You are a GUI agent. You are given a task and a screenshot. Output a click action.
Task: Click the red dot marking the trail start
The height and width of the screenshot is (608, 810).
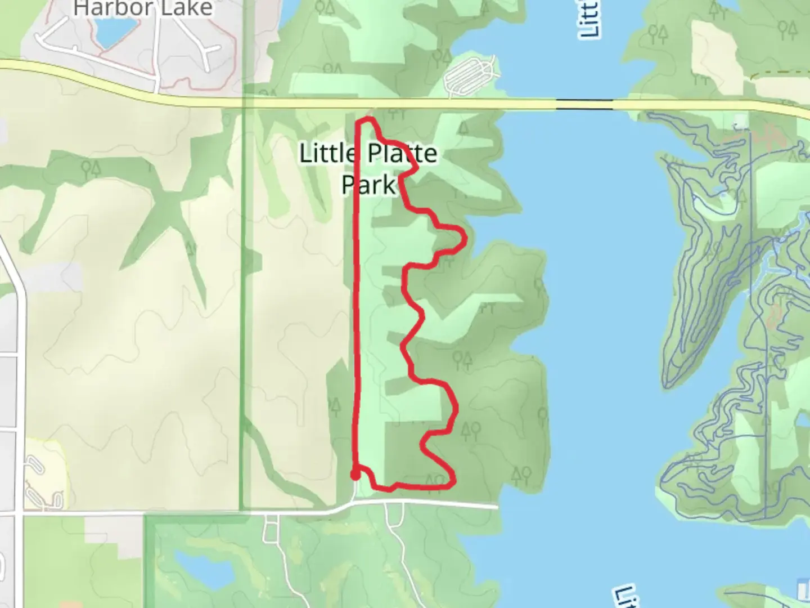point(355,475)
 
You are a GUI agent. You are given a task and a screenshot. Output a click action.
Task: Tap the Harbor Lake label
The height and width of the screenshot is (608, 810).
point(143,8)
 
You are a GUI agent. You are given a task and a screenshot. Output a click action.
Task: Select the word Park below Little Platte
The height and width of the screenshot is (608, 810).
point(369,184)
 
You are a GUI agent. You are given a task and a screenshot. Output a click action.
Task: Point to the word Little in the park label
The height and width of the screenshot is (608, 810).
point(327,154)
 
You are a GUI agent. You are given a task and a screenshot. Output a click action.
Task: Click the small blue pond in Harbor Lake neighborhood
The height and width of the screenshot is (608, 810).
point(116,33)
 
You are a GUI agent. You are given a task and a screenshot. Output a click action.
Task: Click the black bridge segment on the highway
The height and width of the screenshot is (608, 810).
point(584,104)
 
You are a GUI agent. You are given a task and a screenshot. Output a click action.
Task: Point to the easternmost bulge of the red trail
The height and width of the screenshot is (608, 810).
point(465,240)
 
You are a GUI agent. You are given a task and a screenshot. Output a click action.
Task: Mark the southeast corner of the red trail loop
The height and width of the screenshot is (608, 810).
point(452,481)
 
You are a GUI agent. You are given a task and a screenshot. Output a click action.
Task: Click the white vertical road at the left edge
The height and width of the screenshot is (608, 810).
point(20,394)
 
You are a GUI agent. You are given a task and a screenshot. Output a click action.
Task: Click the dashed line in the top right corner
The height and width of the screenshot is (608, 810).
point(782,73)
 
